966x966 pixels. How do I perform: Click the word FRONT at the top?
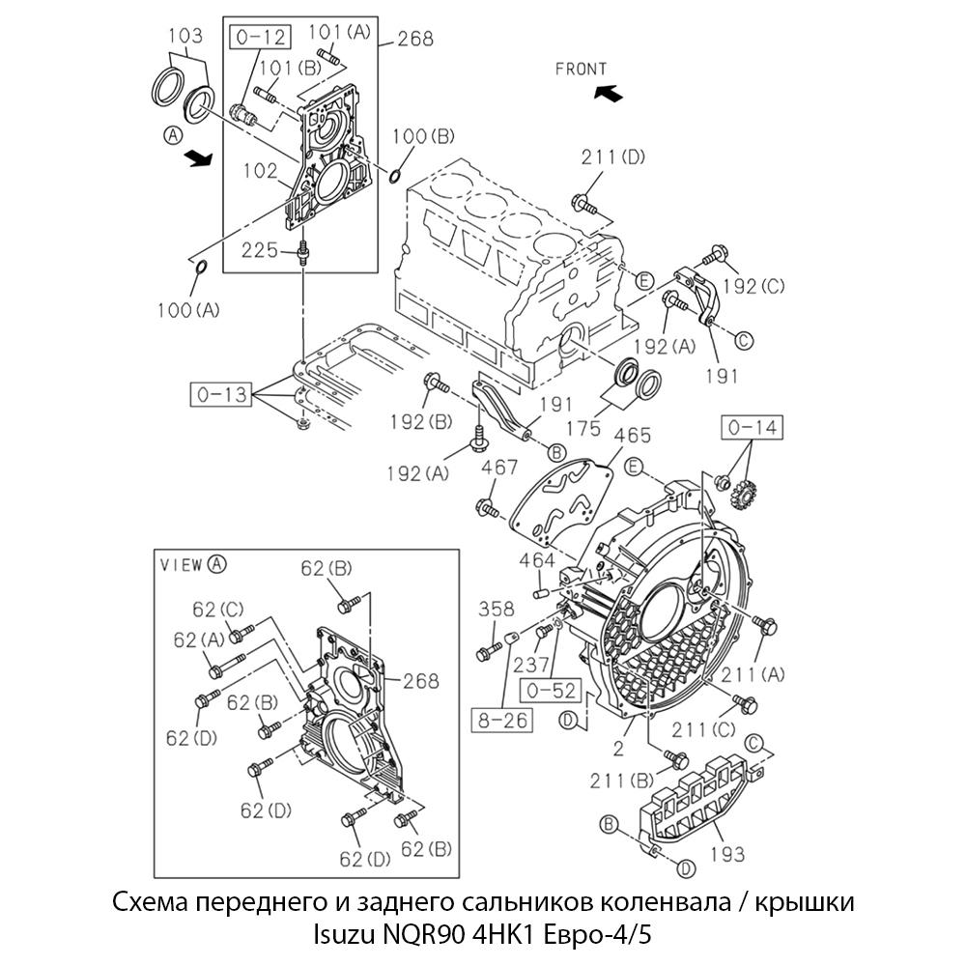(582, 69)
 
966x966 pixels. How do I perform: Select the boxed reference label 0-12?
(258, 38)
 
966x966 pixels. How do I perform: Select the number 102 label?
(260, 171)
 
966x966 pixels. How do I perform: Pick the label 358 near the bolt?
(497, 609)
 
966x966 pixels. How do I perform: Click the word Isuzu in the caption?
(350, 935)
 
